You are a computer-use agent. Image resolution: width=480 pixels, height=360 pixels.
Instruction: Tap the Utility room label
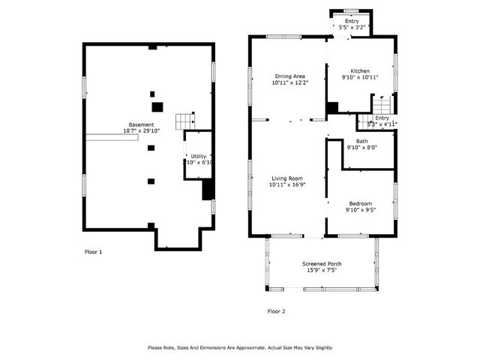(198, 155)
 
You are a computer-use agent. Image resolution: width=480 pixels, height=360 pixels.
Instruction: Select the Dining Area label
(289, 76)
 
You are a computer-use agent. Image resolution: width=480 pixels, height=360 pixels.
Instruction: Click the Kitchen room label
(361, 70)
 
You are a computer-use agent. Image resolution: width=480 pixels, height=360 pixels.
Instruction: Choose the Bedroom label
(361, 203)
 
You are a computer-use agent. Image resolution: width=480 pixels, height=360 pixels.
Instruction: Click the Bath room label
(361, 141)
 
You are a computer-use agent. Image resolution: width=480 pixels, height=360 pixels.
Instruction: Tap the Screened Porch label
(322, 263)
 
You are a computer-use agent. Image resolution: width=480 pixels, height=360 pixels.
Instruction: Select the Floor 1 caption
(93, 252)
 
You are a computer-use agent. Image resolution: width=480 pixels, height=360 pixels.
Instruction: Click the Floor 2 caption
(276, 310)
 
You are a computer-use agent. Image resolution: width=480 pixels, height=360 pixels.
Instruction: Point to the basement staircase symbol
(185, 121)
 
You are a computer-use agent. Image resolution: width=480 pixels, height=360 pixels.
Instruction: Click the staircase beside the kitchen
(382, 104)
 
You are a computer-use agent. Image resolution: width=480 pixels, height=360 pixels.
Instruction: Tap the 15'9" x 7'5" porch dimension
(322, 270)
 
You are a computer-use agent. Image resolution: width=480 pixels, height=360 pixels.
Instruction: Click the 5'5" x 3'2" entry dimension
(352, 28)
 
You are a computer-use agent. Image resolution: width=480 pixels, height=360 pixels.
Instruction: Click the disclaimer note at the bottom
(240, 347)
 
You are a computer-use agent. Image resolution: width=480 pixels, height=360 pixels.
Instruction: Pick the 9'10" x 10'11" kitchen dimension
(361, 77)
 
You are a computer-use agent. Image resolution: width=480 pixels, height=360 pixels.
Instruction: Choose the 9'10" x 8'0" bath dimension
(361, 148)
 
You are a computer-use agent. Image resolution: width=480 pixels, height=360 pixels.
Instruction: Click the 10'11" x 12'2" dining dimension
(289, 82)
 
